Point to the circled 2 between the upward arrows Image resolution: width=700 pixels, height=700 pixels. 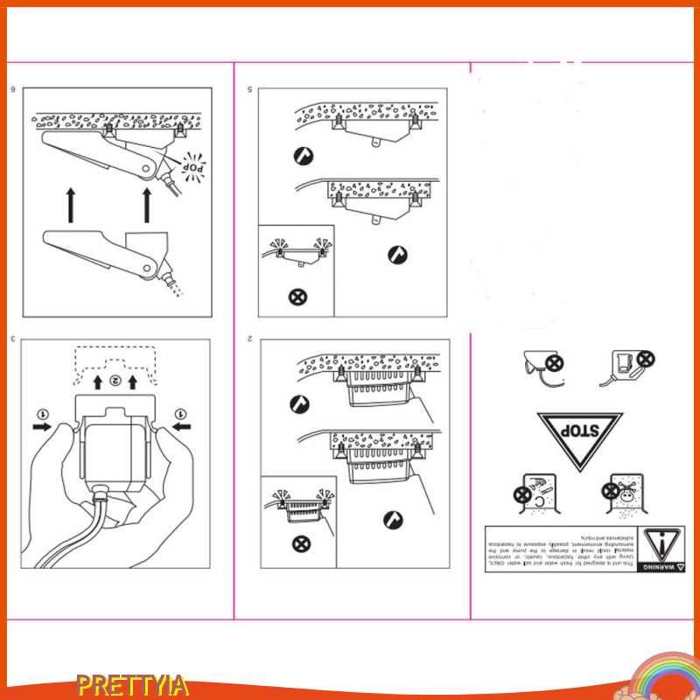(115, 381)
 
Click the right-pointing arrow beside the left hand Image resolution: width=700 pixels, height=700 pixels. (42, 428)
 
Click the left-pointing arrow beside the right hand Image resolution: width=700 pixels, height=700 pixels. (182, 428)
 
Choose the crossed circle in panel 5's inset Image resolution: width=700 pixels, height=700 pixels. (297, 296)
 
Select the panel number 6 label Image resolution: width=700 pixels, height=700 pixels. (13, 89)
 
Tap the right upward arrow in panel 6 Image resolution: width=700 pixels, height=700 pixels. (148, 204)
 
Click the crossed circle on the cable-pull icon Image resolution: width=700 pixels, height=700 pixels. (554, 361)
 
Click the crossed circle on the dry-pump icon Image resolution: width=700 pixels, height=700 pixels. (646, 359)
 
